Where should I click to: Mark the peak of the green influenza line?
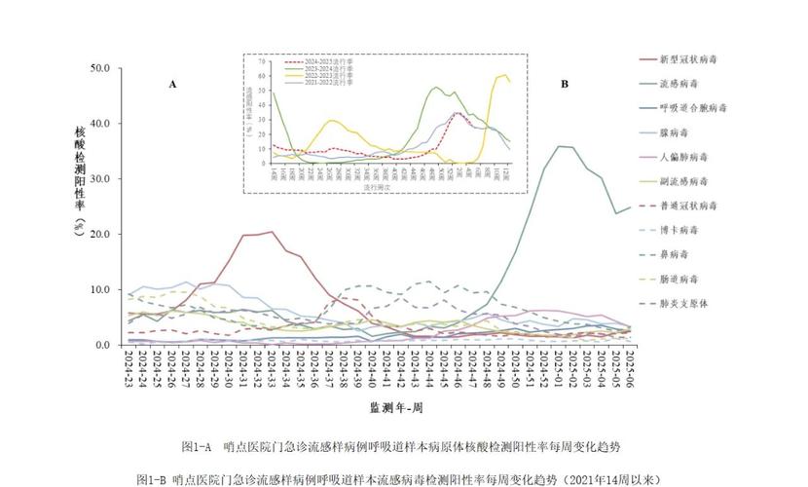[x=559, y=146]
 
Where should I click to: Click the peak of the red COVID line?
[x=272, y=232]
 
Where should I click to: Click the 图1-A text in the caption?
[x=197, y=446]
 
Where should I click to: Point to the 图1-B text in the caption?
[x=151, y=478]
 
